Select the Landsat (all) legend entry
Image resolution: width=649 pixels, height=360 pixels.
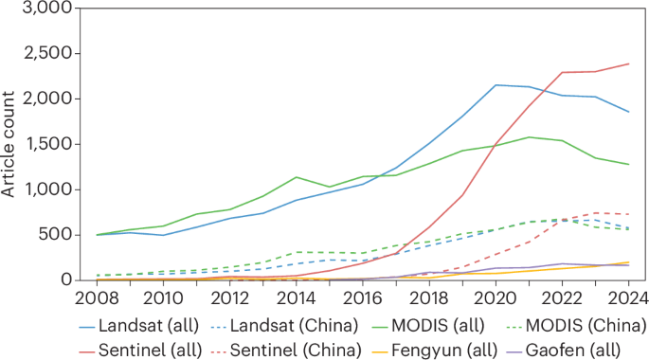143,325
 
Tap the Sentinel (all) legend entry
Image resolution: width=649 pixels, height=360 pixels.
143,347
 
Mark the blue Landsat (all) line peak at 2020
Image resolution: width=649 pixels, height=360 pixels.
496,85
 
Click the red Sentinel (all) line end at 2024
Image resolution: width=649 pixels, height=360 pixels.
630,63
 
